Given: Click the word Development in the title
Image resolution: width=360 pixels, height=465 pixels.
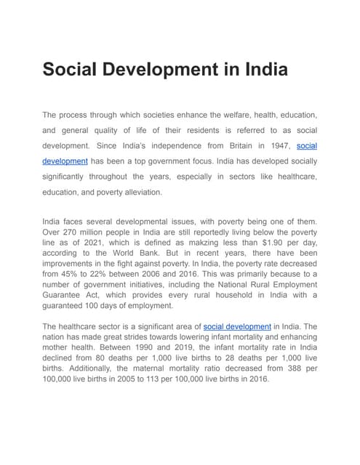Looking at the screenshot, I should click(x=154, y=70).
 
